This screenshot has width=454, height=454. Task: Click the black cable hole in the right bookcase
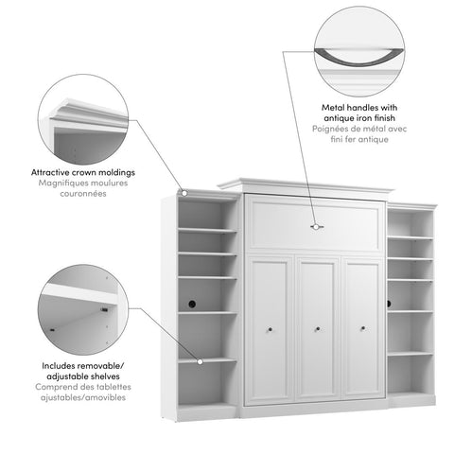point(389,304)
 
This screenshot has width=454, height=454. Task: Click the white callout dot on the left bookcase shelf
point(200,359)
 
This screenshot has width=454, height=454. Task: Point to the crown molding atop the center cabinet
point(306,184)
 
